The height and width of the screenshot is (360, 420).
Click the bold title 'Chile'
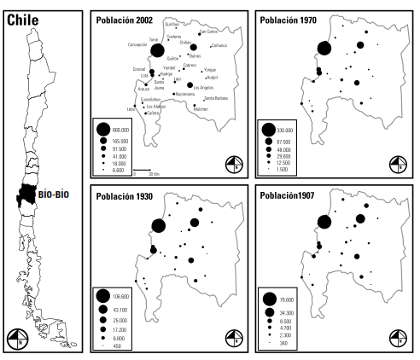[x=26, y=18]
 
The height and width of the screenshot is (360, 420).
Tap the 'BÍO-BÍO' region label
[x=53, y=194]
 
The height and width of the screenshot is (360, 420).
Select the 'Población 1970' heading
[x=289, y=19]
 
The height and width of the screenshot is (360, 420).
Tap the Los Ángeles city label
[x=205, y=88]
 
